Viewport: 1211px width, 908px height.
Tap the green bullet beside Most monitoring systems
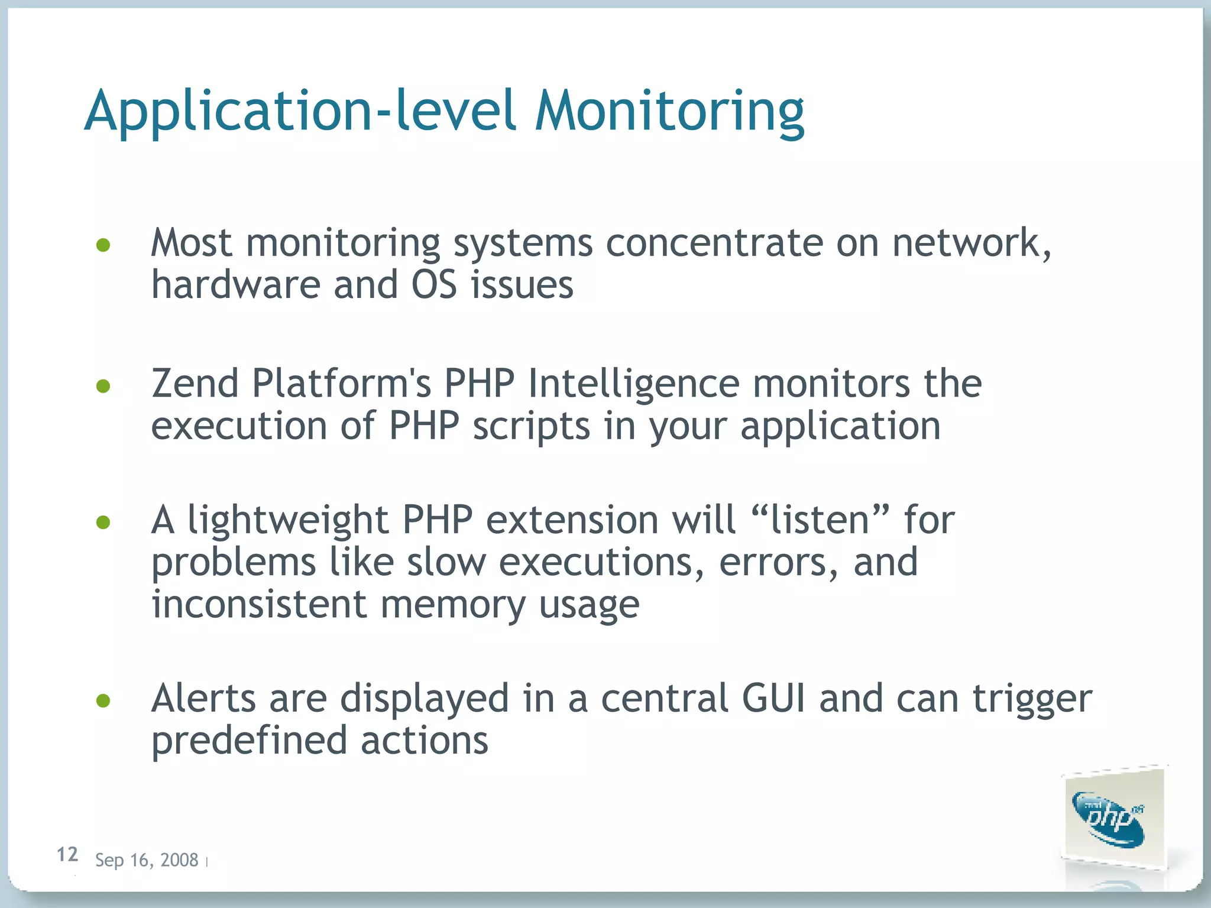click(x=103, y=245)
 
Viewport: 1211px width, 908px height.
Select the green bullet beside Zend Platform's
click(x=103, y=386)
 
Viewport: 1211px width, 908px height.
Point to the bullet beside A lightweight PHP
click(x=103, y=522)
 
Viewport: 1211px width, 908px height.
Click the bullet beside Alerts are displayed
click(x=103, y=701)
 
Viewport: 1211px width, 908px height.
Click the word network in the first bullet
click(x=970, y=243)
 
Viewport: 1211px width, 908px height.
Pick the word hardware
click(x=235, y=284)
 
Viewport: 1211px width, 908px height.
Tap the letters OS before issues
click(x=434, y=284)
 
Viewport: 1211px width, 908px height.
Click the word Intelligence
click(x=633, y=385)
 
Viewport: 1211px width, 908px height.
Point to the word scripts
click(x=531, y=427)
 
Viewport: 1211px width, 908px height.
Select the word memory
click(x=452, y=605)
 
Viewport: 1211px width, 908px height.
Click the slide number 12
click(x=67, y=854)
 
